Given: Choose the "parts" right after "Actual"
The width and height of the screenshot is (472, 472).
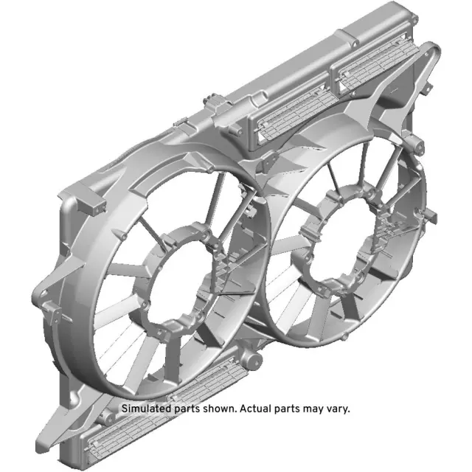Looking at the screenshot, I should click(282, 408).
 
